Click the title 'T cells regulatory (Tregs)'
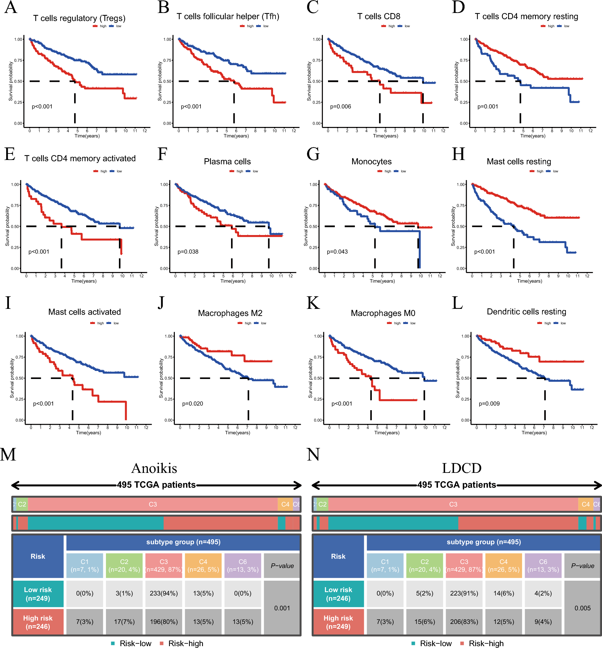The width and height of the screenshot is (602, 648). click(x=79, y=18)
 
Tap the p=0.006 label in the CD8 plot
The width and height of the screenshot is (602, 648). click(x=340, y=107)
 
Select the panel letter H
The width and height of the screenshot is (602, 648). click(x=458, y=154)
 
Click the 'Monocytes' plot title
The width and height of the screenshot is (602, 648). click(x=371, y=161)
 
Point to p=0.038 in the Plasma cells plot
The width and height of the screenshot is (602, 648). click(x=188, y=251)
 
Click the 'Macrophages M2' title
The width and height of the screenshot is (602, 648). click(x=230, y=313)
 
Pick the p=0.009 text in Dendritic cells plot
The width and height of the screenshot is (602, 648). click(x=489, y=404)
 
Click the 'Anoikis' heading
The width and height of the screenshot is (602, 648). click(x=154, y=468)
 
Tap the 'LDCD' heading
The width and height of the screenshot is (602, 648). click(x=461, y=468)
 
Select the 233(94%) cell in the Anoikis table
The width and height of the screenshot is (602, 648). click(x=163, y=593)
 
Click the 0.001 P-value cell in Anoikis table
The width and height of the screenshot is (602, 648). click(x=282, y=608)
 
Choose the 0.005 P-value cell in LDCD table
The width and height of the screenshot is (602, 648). click(x=583, y=608)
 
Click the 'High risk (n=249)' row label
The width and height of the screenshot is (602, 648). click(x=338, y=622)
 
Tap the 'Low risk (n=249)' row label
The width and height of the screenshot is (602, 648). click(x=38, y=594)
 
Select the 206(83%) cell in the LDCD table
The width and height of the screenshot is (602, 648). click(x=464, y=622)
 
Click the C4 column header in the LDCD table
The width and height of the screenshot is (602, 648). click(x=503, y=566)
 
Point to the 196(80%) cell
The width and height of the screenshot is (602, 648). click(x=163, y=622)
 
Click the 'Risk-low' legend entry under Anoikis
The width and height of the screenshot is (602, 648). click(x=135, y=643)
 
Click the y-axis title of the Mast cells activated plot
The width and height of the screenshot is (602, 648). click(x=12, y=378)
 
